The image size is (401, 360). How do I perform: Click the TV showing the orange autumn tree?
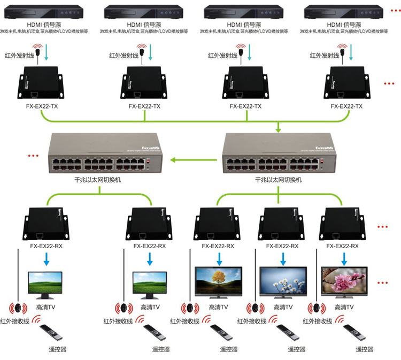[219, 280]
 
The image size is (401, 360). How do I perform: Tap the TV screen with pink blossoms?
[344, 280]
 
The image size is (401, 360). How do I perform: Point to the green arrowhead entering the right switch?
[279, 129]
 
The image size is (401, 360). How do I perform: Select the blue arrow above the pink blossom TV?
[343, 259]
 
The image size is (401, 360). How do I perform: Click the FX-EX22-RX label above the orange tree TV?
[218, 246]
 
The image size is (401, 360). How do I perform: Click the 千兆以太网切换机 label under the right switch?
[278, 180]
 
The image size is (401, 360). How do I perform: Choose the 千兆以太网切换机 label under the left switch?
[98, 180]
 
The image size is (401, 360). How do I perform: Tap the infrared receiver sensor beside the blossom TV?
[316, 309]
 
